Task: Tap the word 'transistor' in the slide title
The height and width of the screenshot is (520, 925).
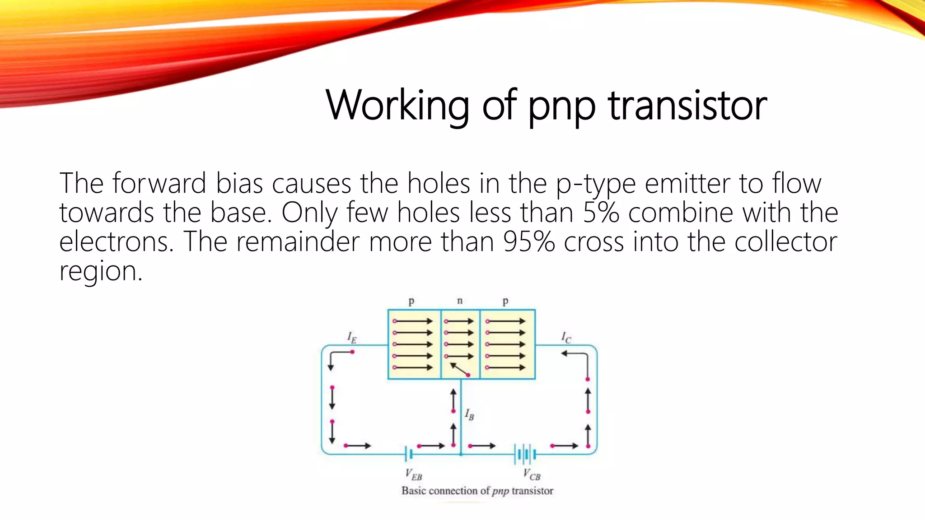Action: tap(687, 106)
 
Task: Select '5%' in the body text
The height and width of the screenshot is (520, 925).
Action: tap(601, 212)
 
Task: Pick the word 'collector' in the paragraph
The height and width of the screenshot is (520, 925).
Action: tap(785, 241)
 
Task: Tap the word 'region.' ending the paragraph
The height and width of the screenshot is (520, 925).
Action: tap(101, 271)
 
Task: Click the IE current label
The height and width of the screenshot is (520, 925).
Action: tap(351, 338)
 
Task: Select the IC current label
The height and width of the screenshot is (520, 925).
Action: tap(566, 338)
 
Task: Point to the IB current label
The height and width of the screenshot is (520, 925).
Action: tap(470, 414)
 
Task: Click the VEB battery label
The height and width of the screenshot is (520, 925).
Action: tap(413, 474)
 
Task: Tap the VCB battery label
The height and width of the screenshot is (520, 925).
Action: tap(532, 474)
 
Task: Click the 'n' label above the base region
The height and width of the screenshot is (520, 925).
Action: tap(460, 301)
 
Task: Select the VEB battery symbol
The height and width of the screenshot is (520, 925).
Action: tap(408, 454)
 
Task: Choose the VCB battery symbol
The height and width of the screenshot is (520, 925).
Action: tap(525, 454)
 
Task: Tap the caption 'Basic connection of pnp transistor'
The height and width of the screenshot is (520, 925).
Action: tap(477, 491)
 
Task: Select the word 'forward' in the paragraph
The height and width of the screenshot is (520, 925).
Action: tap(159, 184)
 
